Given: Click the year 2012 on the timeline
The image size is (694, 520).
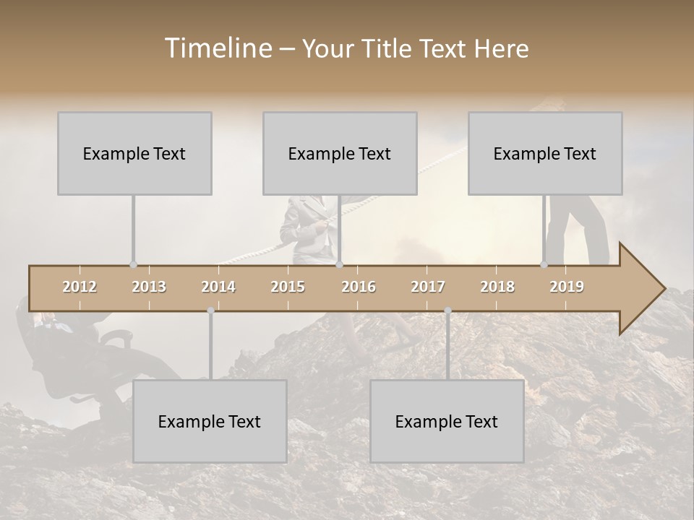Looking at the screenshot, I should pos(80,287).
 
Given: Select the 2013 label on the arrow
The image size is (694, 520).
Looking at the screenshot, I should pos(149,287).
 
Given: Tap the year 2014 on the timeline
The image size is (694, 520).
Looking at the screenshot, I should pos(218,287).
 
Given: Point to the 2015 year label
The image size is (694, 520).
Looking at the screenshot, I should pos(288,287).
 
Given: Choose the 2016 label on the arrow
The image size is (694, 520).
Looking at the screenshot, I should pos(359,287).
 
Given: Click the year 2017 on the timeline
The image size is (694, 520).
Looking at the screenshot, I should pos(428,287).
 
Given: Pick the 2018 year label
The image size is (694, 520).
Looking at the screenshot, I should pos(497,287).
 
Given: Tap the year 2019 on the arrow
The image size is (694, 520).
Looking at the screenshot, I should pos(567,287).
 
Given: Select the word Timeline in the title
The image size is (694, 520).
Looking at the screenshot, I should pos(217,48).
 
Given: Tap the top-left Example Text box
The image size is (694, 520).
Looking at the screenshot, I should pos(134,153).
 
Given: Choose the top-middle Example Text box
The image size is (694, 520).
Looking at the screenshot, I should pos(340,153).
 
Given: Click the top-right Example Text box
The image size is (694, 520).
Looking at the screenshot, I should pos(545,153).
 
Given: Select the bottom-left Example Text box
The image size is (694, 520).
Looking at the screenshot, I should pos(210,421).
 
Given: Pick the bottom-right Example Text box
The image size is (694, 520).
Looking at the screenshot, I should pos(447,421).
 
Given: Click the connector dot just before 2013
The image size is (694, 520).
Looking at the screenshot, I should pos(133,265).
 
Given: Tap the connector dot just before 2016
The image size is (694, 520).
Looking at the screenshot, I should pos(339,265).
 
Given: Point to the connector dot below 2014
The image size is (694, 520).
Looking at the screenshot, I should pos(210,311).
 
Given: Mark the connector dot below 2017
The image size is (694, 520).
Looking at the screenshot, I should pos(447,311).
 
